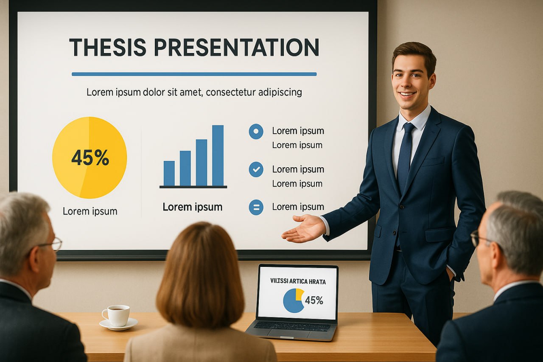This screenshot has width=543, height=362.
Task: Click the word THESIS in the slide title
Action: click(x=108, y=47)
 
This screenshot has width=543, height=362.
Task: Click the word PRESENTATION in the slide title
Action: click(x=237, y=47)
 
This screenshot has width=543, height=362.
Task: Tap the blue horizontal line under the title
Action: click(x=194, y=74)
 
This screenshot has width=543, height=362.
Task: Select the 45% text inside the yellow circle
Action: click(x=90, y=157)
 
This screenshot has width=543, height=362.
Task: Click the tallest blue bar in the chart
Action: click(x=218, y=155)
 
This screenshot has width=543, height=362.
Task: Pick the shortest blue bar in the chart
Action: click(x=169, y=174)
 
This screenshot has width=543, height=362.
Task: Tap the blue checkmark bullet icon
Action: click(x=256, y=169)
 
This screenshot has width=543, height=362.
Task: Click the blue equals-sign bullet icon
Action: click(x=256, y=207)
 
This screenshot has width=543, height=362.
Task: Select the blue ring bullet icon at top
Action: click(x=256, y=132)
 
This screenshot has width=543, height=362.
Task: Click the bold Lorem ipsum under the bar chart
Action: click(x=193, y=207)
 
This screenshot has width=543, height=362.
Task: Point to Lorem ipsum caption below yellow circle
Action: click(x=90, y=211)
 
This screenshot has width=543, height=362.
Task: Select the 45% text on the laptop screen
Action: click(x=314, y=300)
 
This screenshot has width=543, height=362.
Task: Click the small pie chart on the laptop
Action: click(x=294, y=300)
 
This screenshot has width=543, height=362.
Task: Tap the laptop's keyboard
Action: click(x=292, y=326)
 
